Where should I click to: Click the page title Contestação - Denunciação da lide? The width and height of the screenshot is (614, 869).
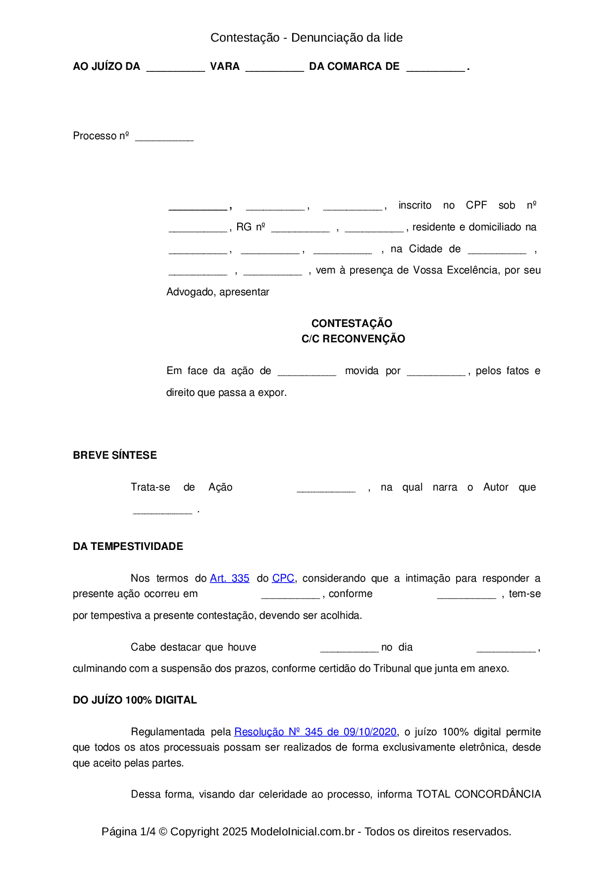307,38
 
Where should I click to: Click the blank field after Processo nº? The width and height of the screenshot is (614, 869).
164,137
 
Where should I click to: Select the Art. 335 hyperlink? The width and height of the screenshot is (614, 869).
229,578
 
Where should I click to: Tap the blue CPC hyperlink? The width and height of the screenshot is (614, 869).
283,578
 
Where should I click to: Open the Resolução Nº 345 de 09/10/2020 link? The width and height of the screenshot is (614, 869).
315,732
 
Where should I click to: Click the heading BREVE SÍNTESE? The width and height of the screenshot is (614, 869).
115,455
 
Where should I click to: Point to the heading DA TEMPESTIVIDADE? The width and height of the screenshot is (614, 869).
128,546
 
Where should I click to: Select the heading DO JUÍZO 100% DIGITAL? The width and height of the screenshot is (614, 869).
135,700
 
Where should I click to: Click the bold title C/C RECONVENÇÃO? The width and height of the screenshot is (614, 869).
353,339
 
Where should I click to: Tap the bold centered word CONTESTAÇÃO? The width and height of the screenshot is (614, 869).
352,324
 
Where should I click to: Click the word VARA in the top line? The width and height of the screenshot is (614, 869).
225,66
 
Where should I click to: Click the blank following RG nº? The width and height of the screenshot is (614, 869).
301,229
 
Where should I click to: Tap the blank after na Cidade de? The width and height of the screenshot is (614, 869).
497,251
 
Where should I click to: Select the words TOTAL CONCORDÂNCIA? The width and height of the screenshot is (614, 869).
478,794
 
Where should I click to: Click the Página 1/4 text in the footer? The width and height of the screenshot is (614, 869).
128,832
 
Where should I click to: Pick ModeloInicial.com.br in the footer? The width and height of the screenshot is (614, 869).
303,832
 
